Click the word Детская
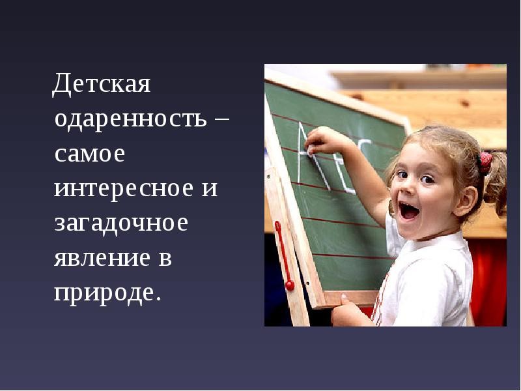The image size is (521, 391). tap(102, 83)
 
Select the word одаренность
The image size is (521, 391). tap(131, 119)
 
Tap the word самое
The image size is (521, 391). tap(90, 154)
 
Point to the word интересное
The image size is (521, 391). tap(124, 189)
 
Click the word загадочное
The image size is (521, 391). tap(121, 224)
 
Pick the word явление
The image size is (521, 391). tap(102, 258)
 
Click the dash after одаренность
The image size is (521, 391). tap(220, 119)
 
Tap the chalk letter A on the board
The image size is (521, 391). tap(313, 156)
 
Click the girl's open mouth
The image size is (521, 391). tap(409, 210)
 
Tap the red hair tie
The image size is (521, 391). tap(485, 162)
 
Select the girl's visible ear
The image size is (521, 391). tap(467, 201)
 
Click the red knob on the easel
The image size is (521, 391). tap(290, 285)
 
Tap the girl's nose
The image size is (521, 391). tap(406, 190)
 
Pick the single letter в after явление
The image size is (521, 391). tap(165, 258)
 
